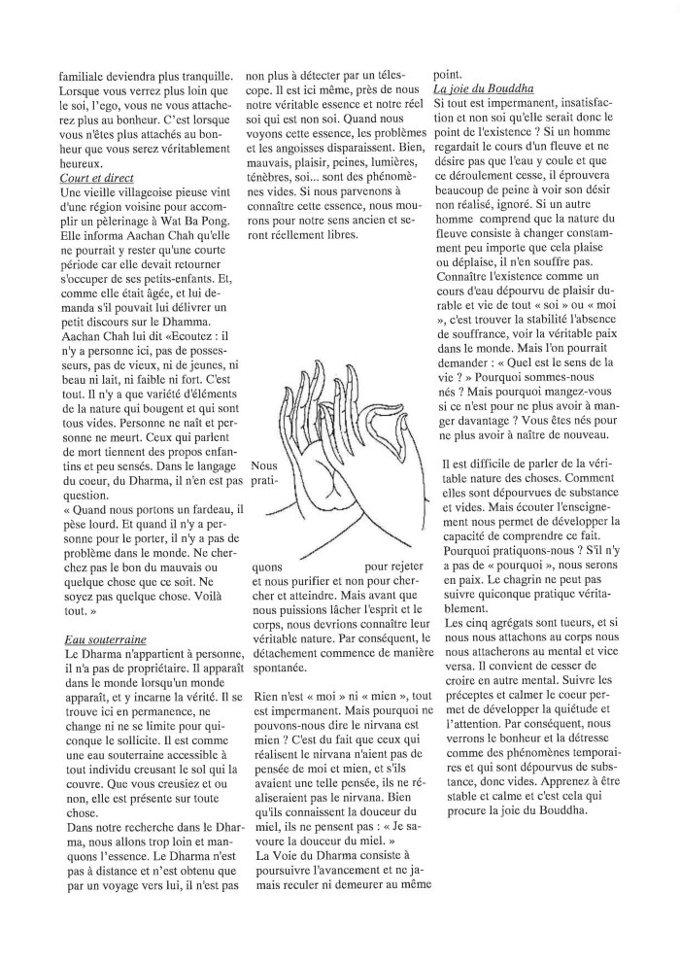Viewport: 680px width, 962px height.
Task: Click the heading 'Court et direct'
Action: click(x=96, y=178)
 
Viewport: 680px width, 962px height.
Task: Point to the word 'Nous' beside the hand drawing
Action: click(x=264, y=465)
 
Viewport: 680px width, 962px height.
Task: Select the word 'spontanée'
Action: click(x=281, y=670)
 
